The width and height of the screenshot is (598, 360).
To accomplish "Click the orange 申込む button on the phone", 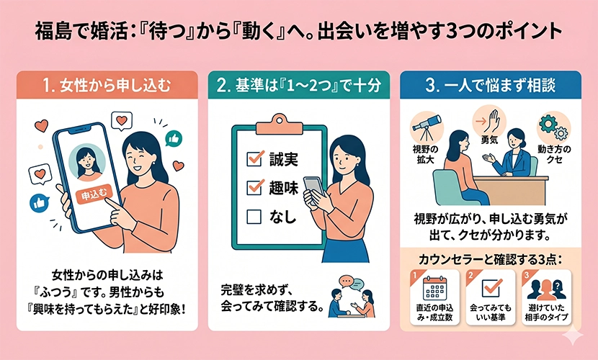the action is pos(94,195).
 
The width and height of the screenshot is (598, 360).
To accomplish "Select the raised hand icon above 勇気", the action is pos(489,121).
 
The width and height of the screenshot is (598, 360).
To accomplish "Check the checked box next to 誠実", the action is pos(255,158).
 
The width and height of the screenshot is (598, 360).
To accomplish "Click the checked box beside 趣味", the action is pos(255,187).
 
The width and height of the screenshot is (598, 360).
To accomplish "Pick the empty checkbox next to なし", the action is pos(254,217).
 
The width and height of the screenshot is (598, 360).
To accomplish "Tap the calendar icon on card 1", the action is pos(434,288).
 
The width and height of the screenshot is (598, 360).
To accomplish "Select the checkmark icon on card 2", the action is pos(491,287).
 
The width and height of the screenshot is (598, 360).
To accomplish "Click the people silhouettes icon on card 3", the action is pos(546,289).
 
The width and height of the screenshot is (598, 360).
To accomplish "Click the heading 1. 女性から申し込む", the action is pos(107,86).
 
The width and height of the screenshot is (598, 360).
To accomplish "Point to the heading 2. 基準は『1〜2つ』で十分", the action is pos(298,85).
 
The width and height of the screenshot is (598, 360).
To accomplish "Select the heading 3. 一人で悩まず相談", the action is pos(491,85).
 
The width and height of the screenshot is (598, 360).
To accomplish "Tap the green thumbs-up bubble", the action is pos(174,139).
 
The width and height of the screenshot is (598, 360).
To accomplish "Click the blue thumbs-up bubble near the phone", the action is pos(40,203).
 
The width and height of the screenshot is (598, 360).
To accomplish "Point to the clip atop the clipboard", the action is pos(280,124).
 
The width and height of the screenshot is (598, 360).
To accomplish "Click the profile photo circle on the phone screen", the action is pos(87,161).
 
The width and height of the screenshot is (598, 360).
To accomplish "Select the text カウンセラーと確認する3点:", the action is pos(491,259).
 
